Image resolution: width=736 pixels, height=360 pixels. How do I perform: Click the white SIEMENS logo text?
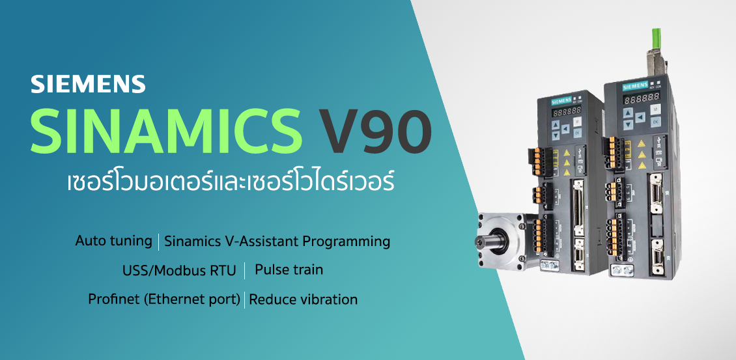click(x=88, y=84)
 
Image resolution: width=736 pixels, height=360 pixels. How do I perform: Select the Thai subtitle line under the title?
click(x=231, y=181)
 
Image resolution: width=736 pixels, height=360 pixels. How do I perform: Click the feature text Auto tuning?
click(x=113, y=241)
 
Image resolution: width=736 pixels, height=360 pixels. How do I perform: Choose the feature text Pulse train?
click(x=289, y=269)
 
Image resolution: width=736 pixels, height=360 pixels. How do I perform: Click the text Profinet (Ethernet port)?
click(x=164, y=299)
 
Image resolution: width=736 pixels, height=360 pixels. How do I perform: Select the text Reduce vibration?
click(x=303, y=299)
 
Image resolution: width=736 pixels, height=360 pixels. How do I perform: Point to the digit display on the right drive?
click(x=638, y=96)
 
